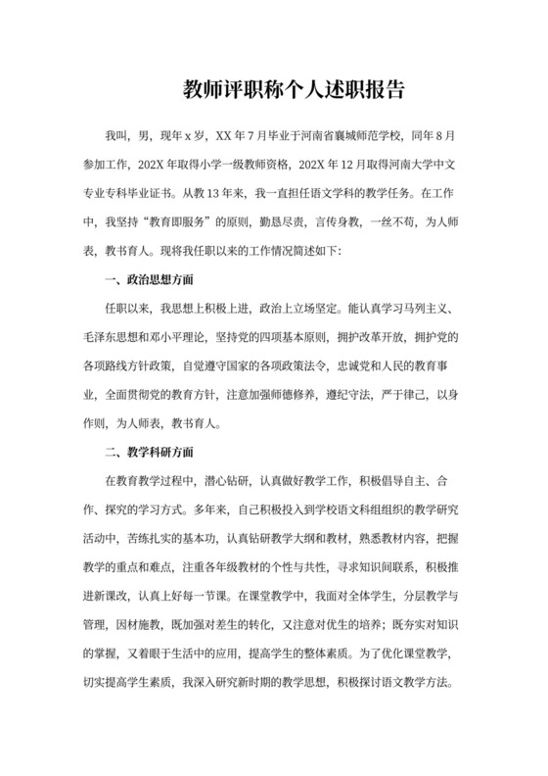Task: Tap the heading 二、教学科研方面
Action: point(148,453)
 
